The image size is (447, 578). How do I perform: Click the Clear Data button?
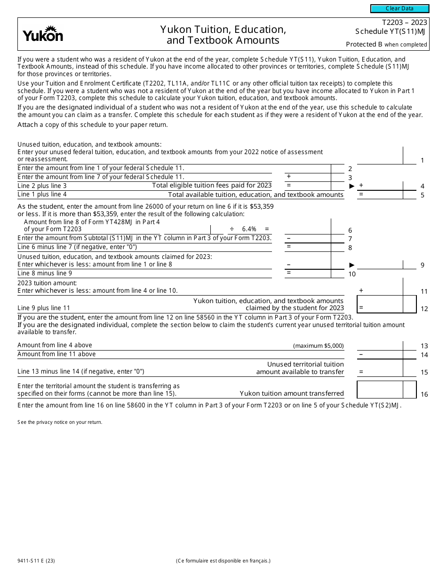[x=399, y=8]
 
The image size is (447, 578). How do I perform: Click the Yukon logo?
[x=43, y=34]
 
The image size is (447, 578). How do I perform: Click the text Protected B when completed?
[x=386, y=45]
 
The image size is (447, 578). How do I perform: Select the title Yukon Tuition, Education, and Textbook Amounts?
[x=223, y=35]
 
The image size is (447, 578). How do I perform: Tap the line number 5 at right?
[x=423, y=195]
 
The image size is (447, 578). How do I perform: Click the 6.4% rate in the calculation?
[x=249, y=229]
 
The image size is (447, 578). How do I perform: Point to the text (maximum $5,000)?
[x=318, y=346]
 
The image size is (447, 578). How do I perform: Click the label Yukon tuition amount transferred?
[x=292, y=394]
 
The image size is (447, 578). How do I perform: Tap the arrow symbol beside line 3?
[x=351, y=186]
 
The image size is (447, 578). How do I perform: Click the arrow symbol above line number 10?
[x=351, y=265]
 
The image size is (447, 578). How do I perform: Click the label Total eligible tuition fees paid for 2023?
[x=212, y=186]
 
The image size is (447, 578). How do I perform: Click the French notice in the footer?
[x=223, y=561]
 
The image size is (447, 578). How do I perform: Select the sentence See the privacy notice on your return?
[x=60, y=422]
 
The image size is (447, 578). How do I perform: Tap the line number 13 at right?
[x=424, y=346]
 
